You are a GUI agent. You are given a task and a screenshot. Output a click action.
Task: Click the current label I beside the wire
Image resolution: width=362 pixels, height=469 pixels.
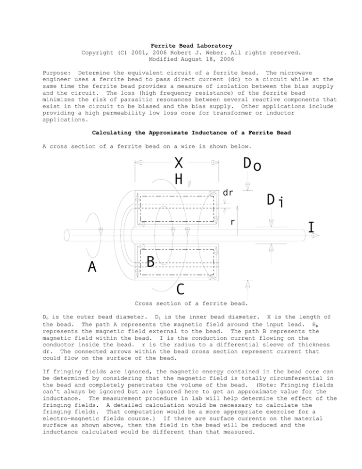[311, 228]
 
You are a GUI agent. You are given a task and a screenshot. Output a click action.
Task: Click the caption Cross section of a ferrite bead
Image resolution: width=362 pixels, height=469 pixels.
[181, 304]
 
